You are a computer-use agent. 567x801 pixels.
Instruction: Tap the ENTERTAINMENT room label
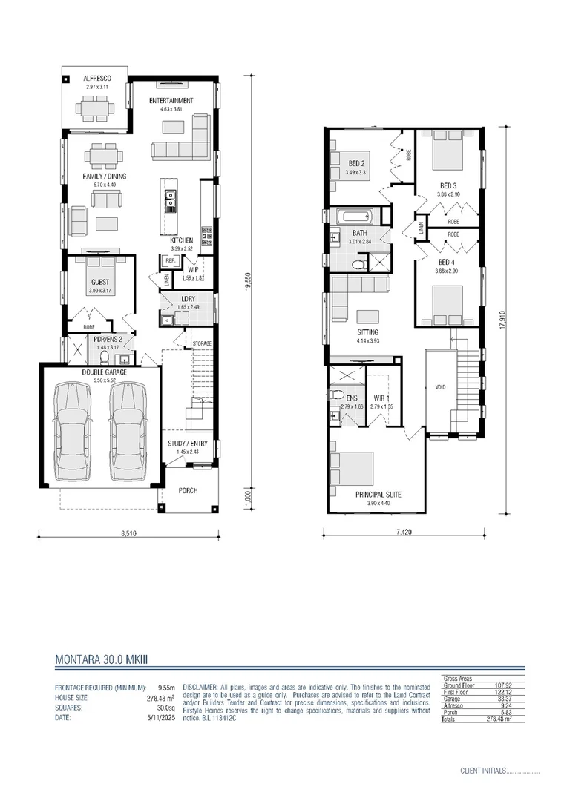[x=171, y=101]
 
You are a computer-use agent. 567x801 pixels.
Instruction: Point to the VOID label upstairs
[x=439, y=387]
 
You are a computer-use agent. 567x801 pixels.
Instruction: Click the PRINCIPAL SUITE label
[x=378, y=495]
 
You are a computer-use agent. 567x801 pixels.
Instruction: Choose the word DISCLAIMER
[x=199, y=688]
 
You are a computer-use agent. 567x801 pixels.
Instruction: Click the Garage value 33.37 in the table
[x=511, y=698]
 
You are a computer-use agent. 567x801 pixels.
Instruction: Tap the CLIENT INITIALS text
[x=482, y=771]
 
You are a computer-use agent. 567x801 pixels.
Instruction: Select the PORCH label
[x=188, y=491]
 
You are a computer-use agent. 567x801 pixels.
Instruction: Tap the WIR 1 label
[x=382, y=399]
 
